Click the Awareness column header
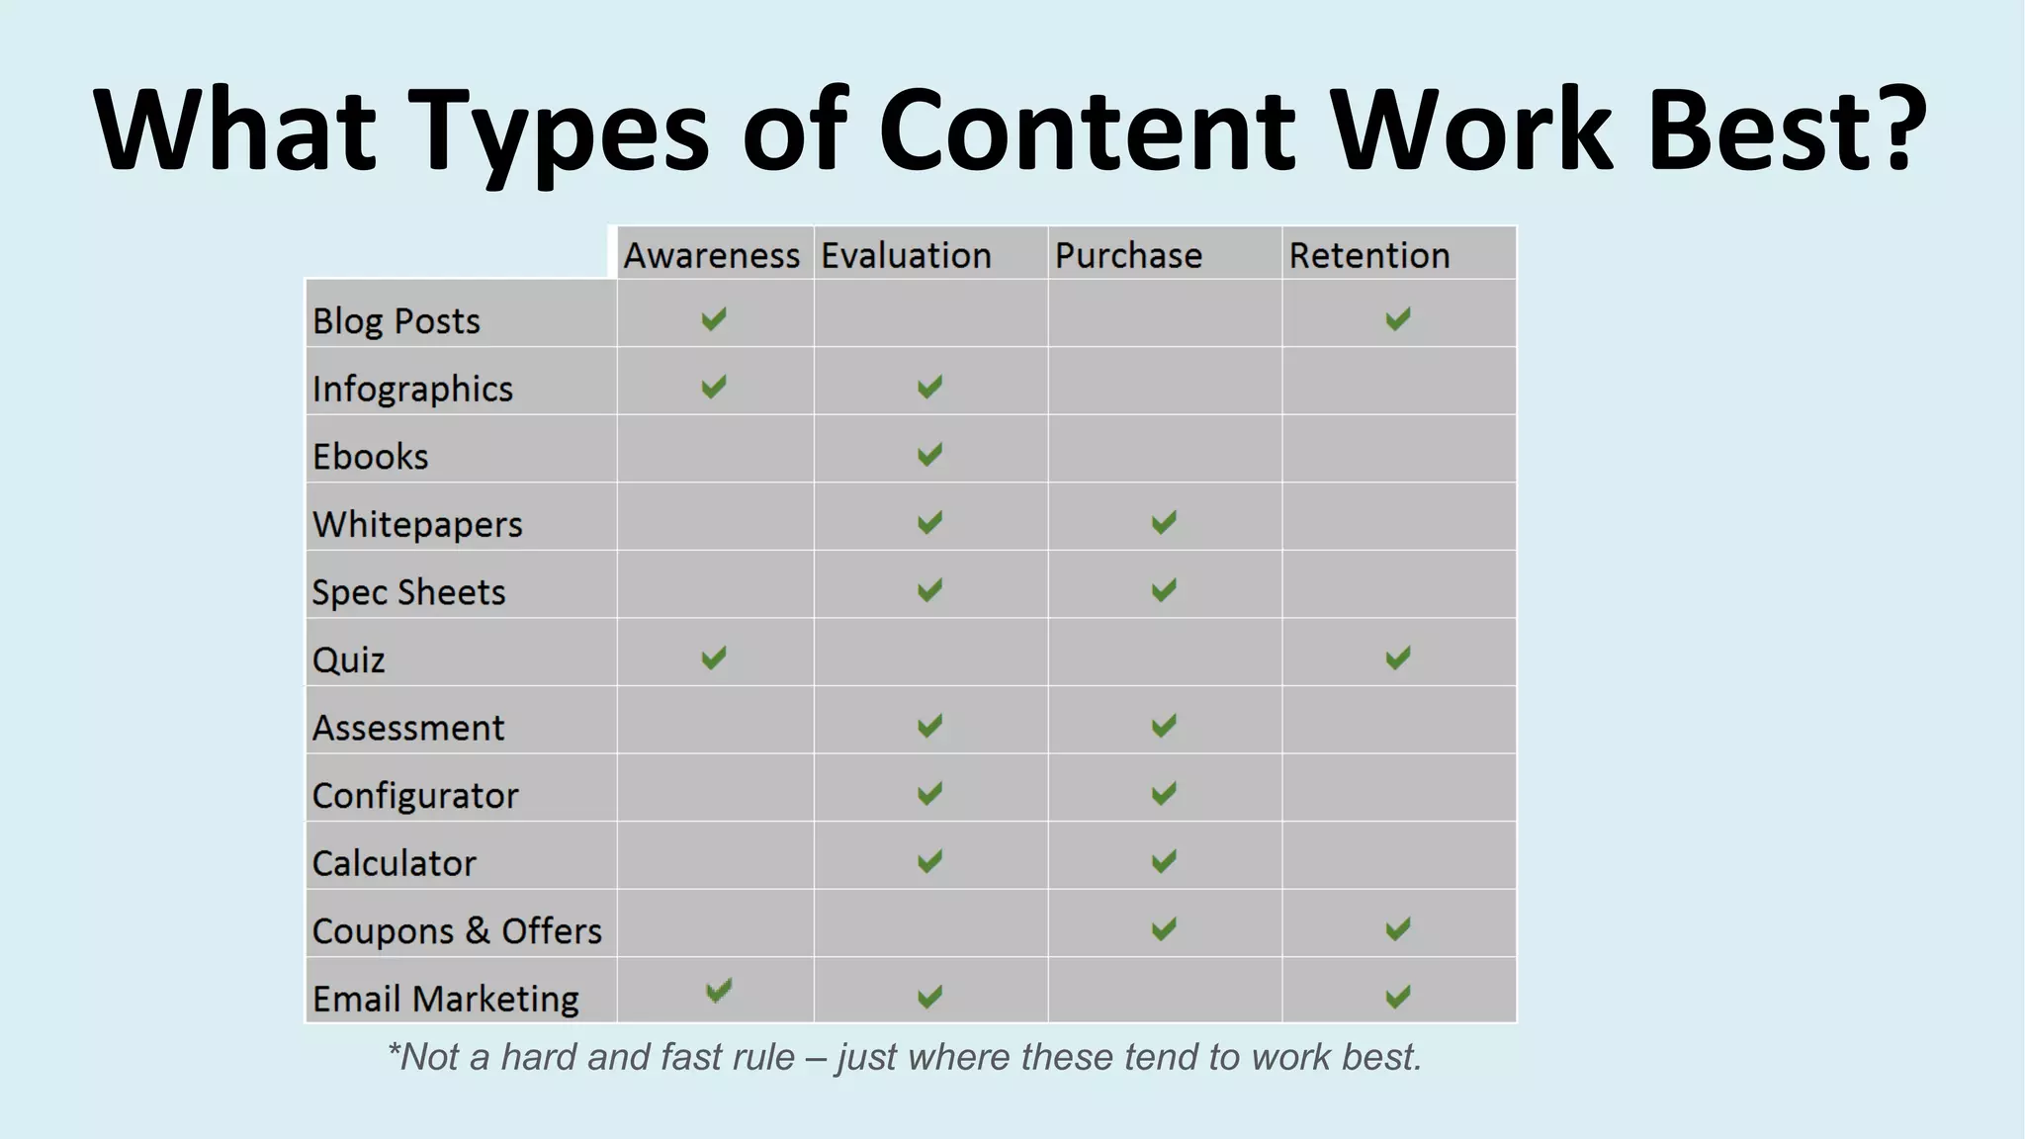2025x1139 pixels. pos(711,256)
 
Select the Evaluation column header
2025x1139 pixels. pos(906,256)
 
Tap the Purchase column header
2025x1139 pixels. pos(1128,256)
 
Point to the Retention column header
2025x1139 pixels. pos(1368,256)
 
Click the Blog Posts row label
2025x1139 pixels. pos(396,321)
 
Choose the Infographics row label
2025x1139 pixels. pos(412,390)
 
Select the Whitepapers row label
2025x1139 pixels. pos(417,525)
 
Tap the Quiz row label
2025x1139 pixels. pos(348,660)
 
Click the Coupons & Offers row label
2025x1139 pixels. pos(457,931)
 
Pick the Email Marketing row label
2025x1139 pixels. pos(446,999)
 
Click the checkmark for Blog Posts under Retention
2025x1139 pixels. pos(1397,319)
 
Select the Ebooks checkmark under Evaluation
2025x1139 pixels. pos(929,455)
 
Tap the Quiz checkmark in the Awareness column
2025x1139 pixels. pos(713,657)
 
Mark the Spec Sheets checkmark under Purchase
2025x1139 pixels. pos(1164,590)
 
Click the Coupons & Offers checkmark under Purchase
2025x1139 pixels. pos(1164,928)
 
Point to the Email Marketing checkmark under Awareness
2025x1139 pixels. pos(719,990)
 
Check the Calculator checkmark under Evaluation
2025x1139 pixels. pos(929,861)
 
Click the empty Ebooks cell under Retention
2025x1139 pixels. pos(1398,449)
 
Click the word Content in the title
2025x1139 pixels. pos(1086,131)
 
